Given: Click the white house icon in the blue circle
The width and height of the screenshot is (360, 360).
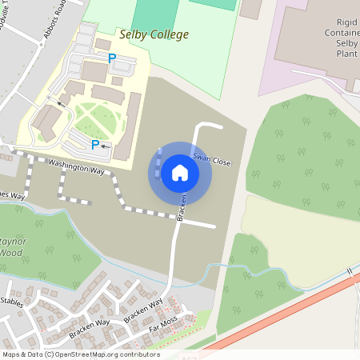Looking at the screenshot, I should tap(180, 173).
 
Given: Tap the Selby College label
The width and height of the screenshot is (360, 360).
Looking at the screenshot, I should tap(154, 34).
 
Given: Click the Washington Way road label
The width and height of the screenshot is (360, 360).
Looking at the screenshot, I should tap(77, 166).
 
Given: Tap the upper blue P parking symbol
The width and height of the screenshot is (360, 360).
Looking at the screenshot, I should tap(112, 58).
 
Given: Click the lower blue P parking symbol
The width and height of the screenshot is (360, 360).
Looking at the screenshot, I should tap(95, 145).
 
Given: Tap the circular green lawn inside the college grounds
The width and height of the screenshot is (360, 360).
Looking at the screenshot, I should tap(98, 121).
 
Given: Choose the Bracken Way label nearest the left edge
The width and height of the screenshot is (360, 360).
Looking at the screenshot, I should tap(89, 324).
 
